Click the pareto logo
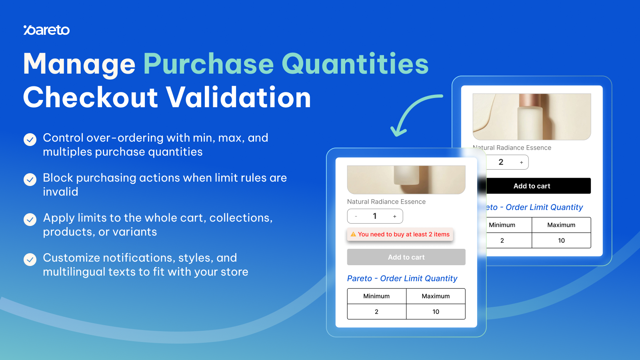[46, 30]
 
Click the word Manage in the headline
[79, 64]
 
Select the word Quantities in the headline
[355, 64]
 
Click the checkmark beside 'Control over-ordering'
[30, 140]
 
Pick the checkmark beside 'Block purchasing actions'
[30, 180]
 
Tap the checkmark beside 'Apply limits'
[30, 220]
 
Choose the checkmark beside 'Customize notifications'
[30, 260]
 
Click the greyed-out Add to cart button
[406, 257]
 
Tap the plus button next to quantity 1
[394, 216]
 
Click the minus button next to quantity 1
[356, 216]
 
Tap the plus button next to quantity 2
[522, 162]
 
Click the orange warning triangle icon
[354, 234]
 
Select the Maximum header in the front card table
[436, 296]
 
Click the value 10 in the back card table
[562, 240]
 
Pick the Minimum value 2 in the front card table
[376, 312]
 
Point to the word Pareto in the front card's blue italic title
[360, 278]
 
